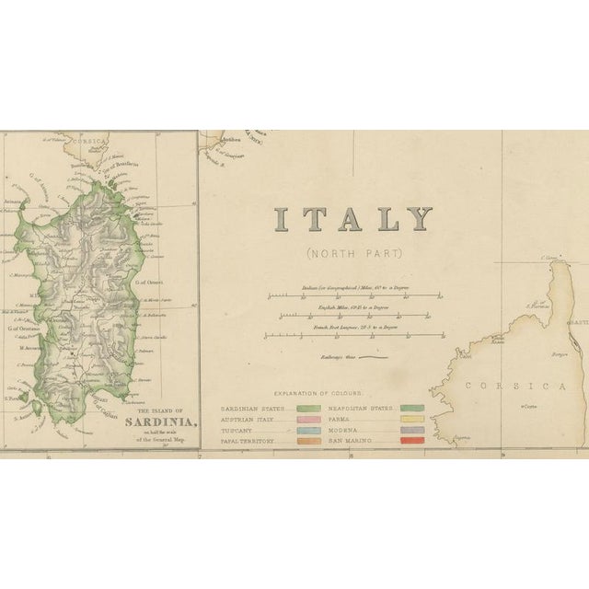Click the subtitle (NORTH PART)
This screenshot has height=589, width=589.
point(353,254)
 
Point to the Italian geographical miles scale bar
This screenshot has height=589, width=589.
point(353,296)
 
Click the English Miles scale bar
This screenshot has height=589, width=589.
point(353,317)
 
